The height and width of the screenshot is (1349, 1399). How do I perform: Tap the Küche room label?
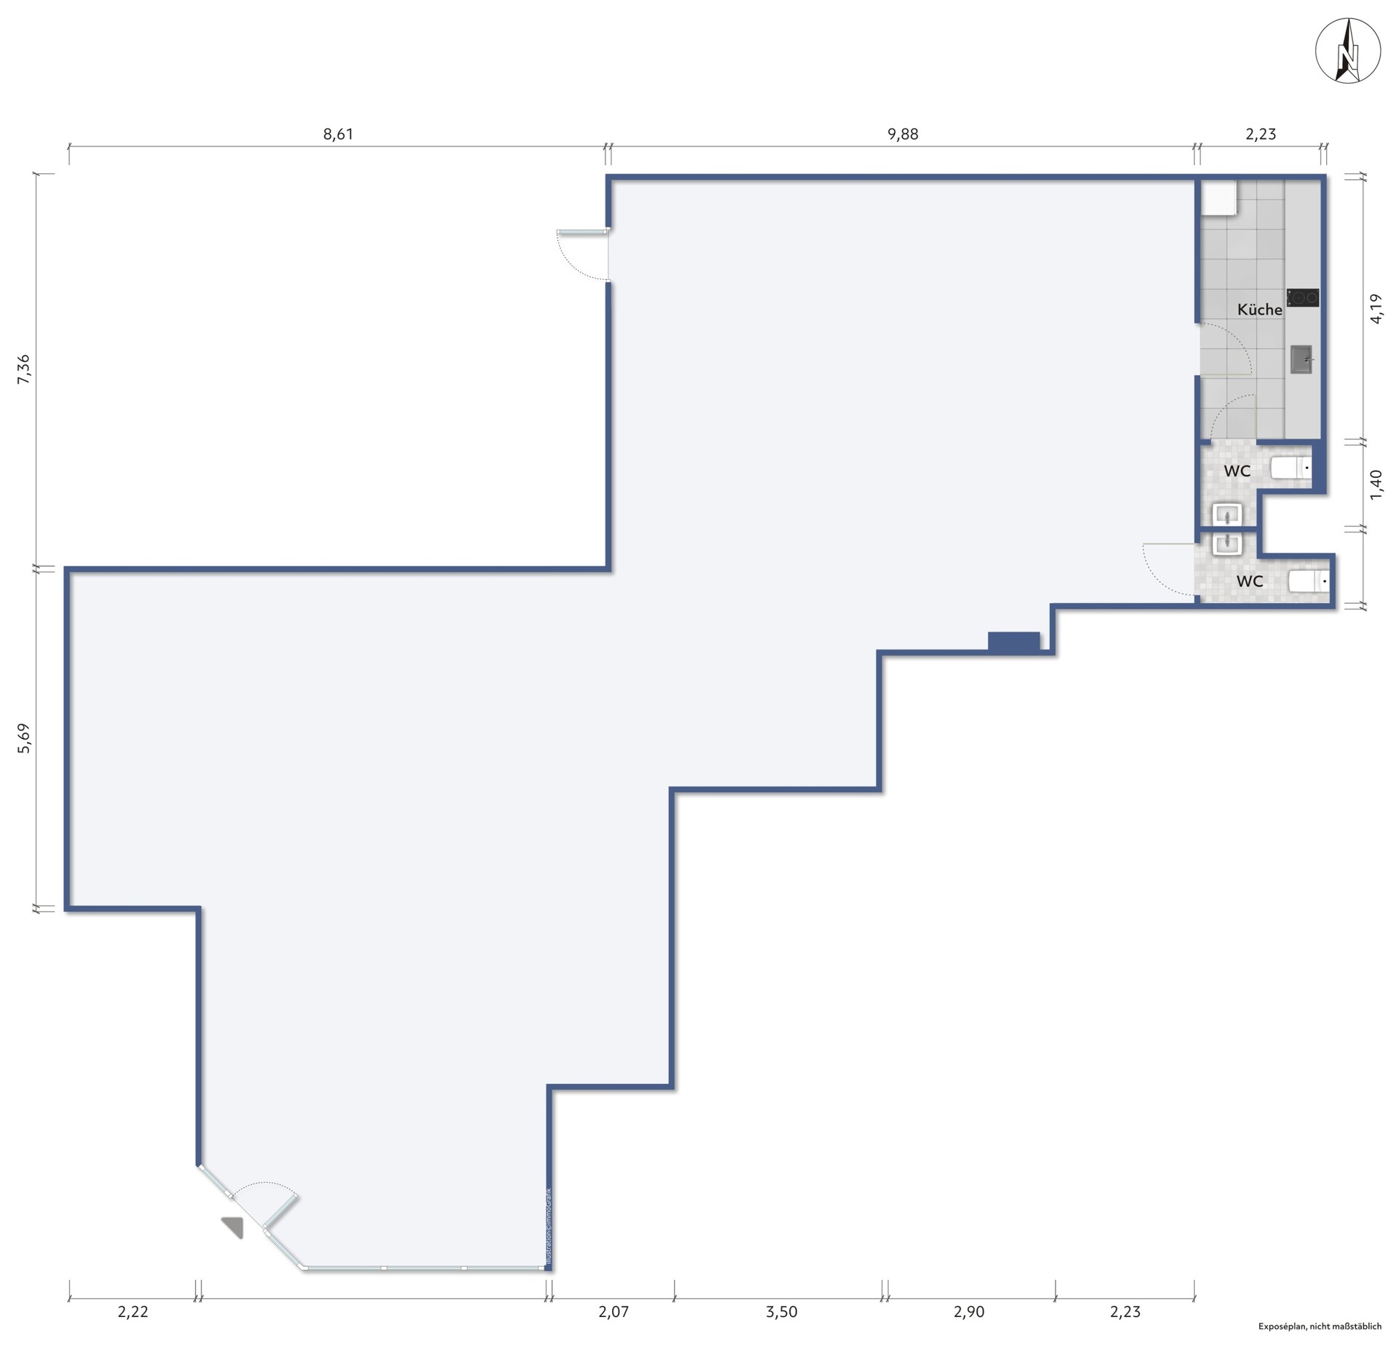(x=1259, y=310)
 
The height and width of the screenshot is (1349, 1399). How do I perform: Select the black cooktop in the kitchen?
(x=1302, y=297)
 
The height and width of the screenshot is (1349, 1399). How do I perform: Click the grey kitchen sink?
(x=1301, y=359)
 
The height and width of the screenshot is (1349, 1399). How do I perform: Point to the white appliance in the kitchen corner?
(x=1218, y=197)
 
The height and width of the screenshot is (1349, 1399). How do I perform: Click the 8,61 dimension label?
(x=338, y=134)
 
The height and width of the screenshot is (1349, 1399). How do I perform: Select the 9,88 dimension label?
(x=903, y=134)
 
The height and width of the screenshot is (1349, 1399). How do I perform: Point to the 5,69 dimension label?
(x=23, y=737)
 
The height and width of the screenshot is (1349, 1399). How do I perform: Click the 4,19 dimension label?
(x=1376, y=308)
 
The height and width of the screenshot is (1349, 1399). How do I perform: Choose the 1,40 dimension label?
(x=1376, y=485)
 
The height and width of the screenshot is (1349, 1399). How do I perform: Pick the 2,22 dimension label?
(x=133, y=1312)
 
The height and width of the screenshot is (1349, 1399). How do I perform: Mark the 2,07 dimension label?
(x=614, y=1312)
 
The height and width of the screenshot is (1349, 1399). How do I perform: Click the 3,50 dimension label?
(x=782, y=1312)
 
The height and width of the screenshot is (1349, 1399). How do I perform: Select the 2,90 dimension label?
(x=969, y=1312)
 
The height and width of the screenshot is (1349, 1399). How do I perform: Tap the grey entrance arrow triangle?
(x=235, y=1226)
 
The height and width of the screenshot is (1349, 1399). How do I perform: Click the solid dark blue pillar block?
(x=1014, y=641)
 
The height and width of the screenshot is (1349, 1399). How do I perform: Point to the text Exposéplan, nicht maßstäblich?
(x=1320, y=1326)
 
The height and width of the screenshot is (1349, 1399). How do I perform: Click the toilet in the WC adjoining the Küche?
(x=1291, y=468)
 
